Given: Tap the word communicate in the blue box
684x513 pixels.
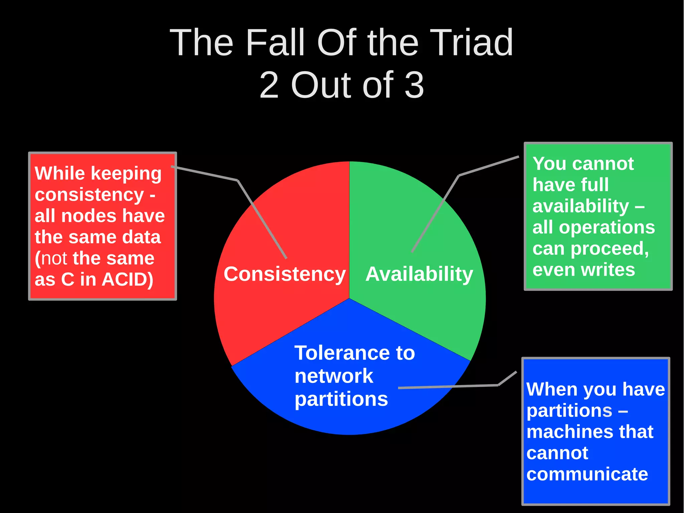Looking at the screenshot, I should coord(587,474).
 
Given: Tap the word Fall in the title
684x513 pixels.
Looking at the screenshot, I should coord(275,43).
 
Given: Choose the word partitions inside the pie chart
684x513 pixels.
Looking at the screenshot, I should coord(341,399).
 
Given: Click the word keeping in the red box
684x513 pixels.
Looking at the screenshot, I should coord(126,174).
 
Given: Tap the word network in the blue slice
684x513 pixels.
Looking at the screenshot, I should coord(333,376).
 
